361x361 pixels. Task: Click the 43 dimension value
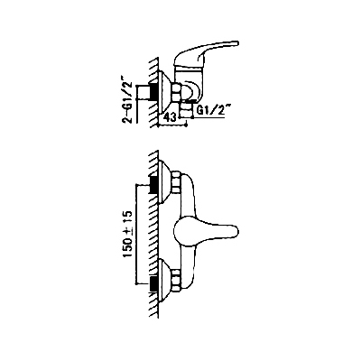point(171,117)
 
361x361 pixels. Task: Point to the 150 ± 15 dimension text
point(127,234)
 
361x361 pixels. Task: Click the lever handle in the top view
point(208,51)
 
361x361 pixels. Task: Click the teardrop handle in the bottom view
point(206,231)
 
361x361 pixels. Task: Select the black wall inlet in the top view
point(153,90)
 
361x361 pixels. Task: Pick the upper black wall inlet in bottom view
point(153,183)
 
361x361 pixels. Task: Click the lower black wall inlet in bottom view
point(153,283)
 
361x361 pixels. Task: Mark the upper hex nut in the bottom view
point(176,182)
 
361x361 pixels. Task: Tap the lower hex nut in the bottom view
point(176,281)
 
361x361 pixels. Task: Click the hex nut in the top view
point(176,92)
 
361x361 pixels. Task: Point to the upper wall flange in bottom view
point(165,182)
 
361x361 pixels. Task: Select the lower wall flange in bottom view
point(165,281)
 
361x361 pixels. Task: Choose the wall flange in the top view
point(165,91)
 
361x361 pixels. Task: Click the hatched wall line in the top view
point(154,92)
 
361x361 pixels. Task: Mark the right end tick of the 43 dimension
point(187,124)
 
